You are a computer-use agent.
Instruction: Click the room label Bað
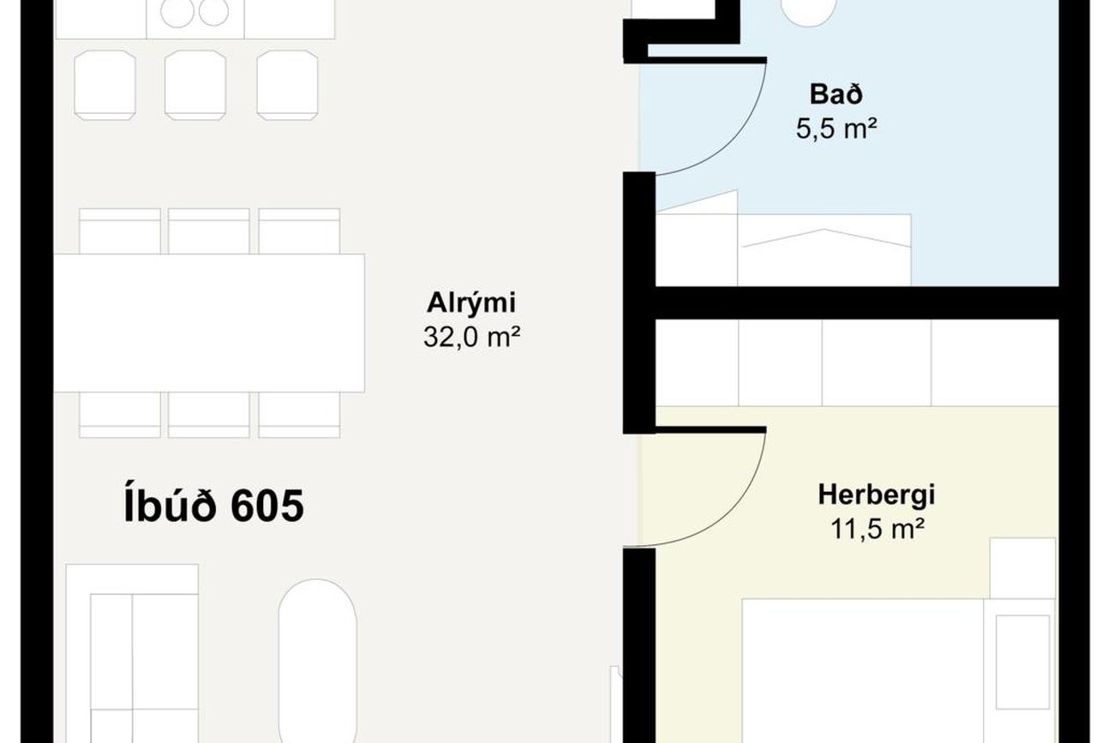pos(836,94)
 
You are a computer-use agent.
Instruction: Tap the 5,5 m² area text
pos(836,129)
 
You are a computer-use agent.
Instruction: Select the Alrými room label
pos(471,303)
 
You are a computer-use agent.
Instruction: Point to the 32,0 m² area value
pos(471,337)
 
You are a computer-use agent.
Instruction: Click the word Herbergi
pos(877,494)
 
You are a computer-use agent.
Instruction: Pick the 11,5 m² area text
pos(877,529)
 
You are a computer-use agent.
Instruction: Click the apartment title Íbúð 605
pos(213,505)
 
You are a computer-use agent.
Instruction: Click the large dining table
pos(209,323)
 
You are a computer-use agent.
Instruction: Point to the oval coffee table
pos(317,661)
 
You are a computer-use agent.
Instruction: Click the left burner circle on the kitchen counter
pos(177,12)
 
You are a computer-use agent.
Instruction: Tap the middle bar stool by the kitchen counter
pos(195,85)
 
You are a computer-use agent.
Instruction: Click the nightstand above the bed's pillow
pos(1022,568)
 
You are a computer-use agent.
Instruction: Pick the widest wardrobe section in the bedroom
pos(995,363)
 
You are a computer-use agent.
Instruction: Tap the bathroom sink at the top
pos(808,11)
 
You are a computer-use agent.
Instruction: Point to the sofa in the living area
pos(132,654)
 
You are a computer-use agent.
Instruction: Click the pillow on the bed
pos(1022,662)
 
